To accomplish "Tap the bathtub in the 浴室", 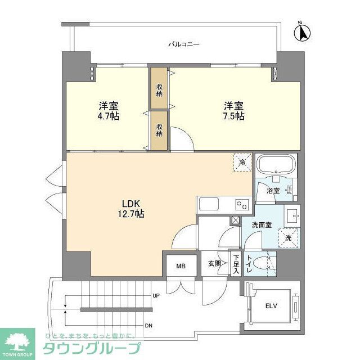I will coord(276,166).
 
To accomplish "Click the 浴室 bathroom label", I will coord(273,190).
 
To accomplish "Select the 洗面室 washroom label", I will coord(262,225).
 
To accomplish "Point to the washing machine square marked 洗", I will coord(288,237).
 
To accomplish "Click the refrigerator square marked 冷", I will coord(242,162).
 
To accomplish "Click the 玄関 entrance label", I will coord(214,263).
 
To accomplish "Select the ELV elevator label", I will coord(271,307).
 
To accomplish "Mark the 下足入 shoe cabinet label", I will coord(236,264).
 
